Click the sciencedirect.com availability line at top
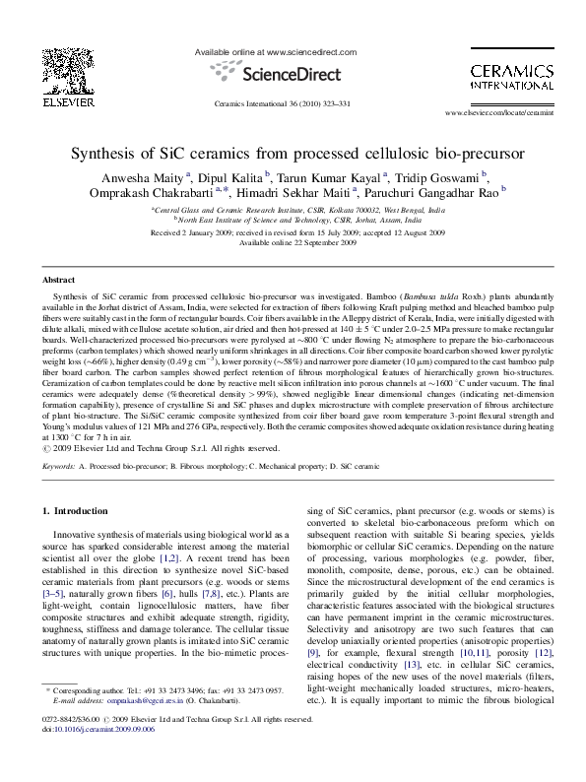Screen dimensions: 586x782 pos(266,50)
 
